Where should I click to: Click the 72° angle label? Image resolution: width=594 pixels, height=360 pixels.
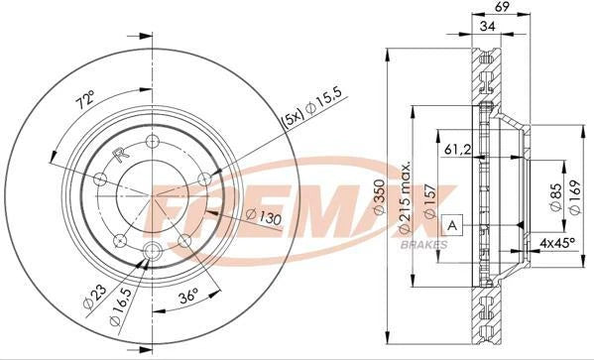coord(85,99)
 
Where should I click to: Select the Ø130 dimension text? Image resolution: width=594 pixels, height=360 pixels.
coord(262,216)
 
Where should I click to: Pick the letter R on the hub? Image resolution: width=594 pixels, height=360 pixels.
coord(119,155)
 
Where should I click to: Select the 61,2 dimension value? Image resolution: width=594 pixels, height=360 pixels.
coord(456,149)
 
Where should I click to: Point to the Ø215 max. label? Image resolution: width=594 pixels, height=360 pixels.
coord(405,198)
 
